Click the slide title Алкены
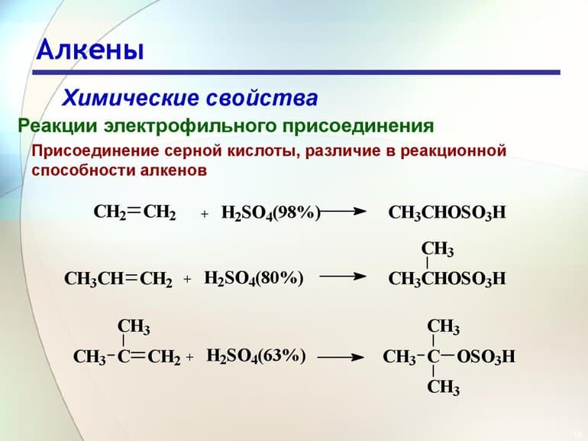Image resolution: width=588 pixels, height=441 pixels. coord(90,50)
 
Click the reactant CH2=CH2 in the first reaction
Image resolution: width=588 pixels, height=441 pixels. coord(134,212)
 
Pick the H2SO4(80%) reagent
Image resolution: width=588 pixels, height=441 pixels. coord(254,279)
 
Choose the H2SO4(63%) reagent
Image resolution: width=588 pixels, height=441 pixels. coord(257,356)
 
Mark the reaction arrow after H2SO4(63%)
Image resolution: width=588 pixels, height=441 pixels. coord(340,357)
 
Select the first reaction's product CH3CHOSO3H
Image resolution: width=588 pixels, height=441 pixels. coord(447,213)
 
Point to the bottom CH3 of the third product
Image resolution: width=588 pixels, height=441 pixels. coord(443,387)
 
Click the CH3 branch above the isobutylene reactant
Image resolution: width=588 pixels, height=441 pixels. coord(134,327)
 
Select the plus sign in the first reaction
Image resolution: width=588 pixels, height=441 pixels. coord(205,215)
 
